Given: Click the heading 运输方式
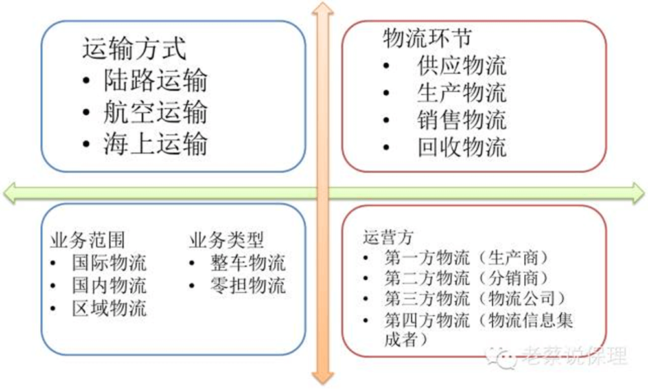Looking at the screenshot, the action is pyautogui.click(x=134, y=49).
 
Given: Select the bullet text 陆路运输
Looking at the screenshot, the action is pyautogui.click(x=156, y=80).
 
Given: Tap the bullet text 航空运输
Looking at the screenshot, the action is pyautogui.click(x=156, y=112).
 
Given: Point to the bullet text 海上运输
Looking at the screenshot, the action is pyautogui.click(x=156, y=144).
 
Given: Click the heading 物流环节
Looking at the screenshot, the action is pyautogui.click(x=427, y=38).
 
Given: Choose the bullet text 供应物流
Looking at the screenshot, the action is pyautogui.click(x=461, y=65).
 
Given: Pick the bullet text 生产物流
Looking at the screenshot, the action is pyautogui.click(x=461, y=93).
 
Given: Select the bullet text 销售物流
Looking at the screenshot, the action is pyautogui.click(x=461, y=120).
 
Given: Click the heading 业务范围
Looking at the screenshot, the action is pyautogui.click(x=87, y=240).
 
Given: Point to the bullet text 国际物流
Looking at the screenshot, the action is pyautogui.click(x=109, y=263).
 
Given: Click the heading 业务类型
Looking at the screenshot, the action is pyautogui.click(x=226, y=240).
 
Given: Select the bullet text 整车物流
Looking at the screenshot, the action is pyautogui.click(x=248, y=263).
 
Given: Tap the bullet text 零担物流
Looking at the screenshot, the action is pyautogui.click(x=248, y=285).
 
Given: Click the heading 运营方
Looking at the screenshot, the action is pyautogui.click(x=388, y=238).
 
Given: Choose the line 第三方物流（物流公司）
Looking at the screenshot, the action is pyautogui.click(x=475, y=298).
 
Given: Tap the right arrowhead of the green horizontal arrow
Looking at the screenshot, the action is pyautogui.click(x=638, y=193).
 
